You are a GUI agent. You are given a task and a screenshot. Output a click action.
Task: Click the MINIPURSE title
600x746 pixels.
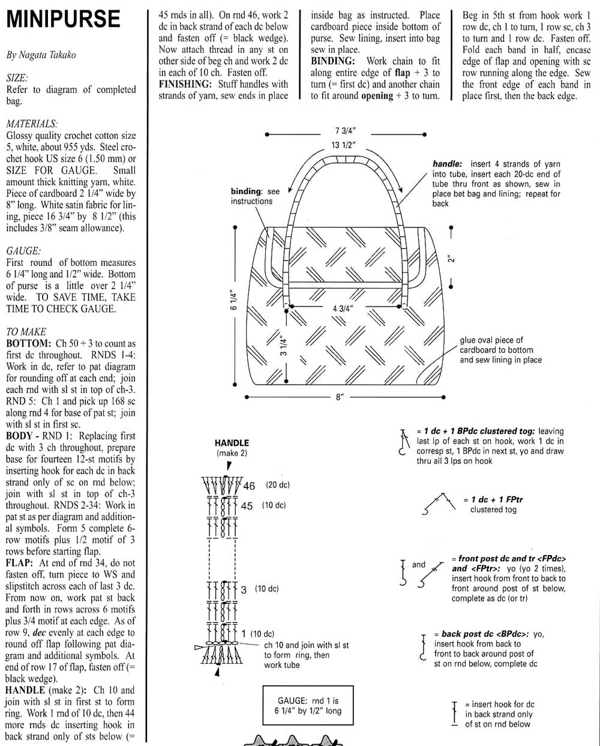click(x=63, y=19)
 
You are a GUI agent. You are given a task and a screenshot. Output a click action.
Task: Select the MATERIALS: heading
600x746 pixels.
click(x=32, y=124)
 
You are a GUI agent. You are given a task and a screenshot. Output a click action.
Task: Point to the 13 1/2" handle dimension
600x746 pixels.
click(x=344, y=145)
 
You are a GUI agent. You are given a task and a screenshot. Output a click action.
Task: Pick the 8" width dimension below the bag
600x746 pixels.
click(x=340, y=397)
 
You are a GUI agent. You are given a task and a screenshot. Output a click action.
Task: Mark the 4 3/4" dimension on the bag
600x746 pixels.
click(x=343, y=308)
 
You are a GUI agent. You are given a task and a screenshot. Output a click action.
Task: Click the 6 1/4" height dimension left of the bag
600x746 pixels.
click(x=234, y=300)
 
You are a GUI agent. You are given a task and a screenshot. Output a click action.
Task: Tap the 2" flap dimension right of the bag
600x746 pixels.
click(x=451, y=259)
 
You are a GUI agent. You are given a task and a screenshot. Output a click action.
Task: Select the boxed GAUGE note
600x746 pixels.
click(x=308, y=706)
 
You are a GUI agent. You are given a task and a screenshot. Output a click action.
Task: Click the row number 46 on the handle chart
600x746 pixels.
click(x=249, y=486)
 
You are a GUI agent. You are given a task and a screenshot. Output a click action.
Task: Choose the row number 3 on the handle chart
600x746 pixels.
click(x=244, y=590)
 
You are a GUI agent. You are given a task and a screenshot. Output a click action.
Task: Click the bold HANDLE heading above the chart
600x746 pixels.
click(x=232, y=443)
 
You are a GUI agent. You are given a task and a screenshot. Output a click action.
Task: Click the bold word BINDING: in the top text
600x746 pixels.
click(x=333, y=61)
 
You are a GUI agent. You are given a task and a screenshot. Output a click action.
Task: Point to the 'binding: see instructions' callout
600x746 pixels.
click(x=255, y=196)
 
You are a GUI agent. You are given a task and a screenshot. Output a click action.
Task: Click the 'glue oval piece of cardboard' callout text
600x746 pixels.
click(x=500, y=350)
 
